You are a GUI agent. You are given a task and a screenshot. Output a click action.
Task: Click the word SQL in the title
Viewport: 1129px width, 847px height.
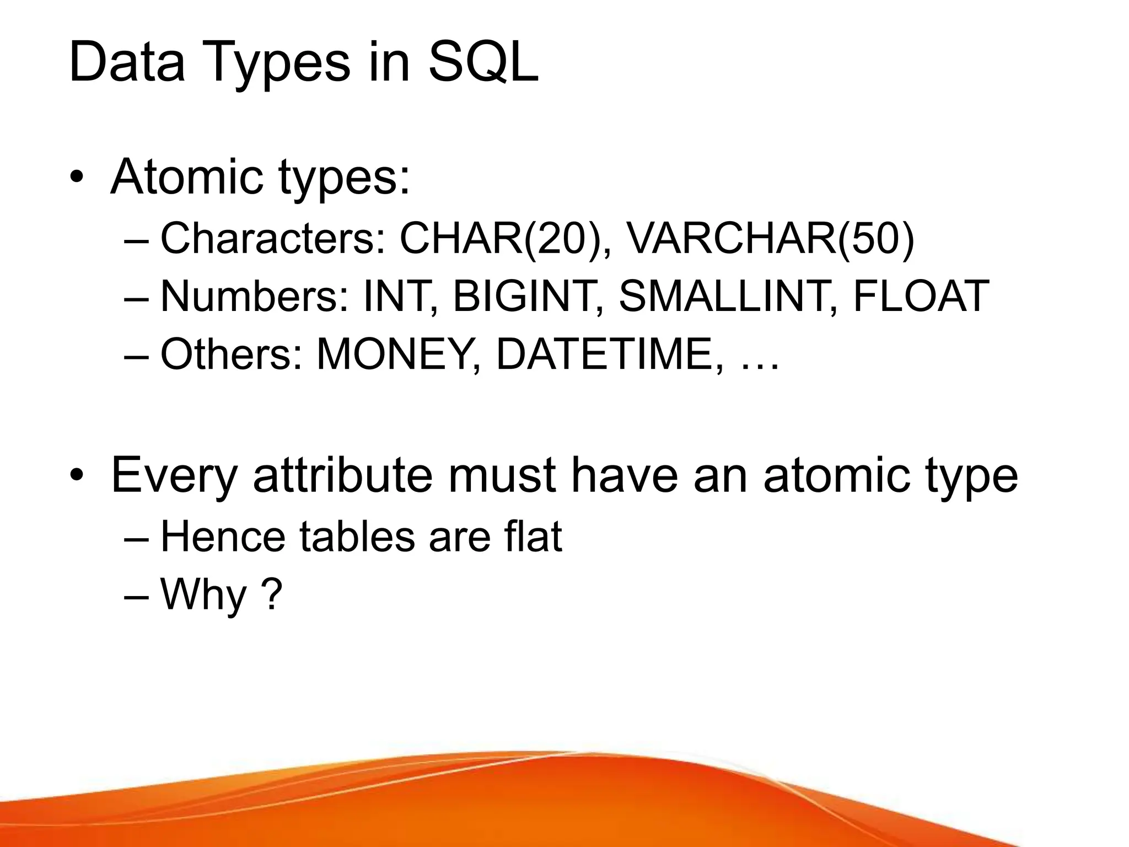483,62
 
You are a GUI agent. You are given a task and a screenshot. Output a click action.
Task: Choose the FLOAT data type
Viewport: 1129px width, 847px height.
921,296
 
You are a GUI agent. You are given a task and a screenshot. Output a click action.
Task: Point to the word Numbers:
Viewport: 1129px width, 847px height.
254,296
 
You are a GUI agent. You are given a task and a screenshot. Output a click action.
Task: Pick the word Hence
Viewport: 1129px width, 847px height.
222,536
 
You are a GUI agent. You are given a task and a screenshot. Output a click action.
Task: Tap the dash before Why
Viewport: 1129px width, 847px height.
137,597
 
